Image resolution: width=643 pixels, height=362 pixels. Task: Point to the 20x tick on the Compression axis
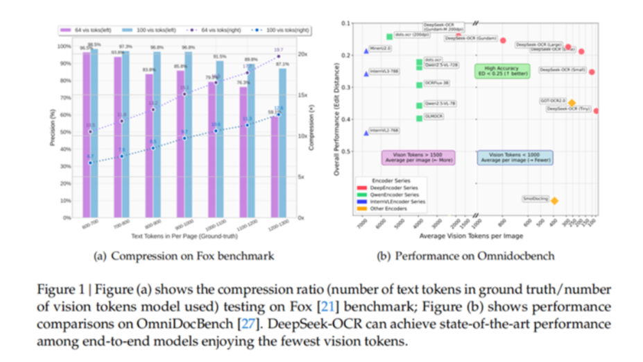point(302,54)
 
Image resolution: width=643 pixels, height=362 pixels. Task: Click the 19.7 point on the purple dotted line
point(279,56)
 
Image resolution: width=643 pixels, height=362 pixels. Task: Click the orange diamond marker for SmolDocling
point(554,201)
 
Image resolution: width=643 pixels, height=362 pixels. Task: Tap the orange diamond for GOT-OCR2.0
point(572,103)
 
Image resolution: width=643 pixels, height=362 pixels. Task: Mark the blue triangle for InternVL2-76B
point(366,133)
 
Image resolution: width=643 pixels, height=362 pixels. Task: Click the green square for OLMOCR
point(419,118)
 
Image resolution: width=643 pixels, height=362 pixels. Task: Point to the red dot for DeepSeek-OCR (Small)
point(592,72)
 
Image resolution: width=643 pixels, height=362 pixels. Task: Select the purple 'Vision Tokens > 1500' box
point(418,158)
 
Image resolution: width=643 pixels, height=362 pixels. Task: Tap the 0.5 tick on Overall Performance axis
point(348,151)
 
